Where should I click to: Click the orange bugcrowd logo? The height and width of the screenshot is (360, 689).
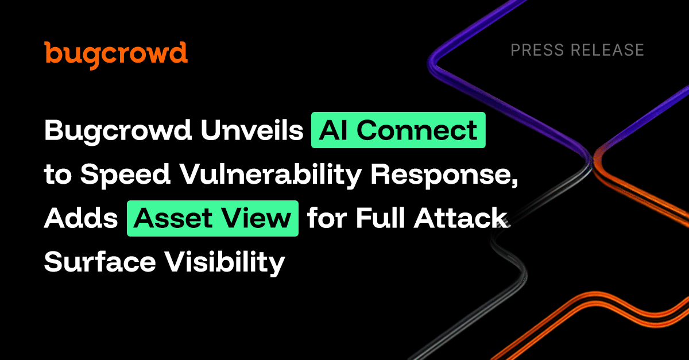116,55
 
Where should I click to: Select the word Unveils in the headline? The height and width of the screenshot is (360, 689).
252,130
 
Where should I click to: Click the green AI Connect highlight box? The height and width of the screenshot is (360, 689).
398,130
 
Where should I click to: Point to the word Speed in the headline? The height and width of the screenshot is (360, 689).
125,175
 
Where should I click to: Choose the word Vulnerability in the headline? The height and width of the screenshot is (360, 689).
270,175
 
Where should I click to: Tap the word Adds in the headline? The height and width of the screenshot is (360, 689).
81,218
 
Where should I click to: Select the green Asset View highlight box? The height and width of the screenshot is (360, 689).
212,218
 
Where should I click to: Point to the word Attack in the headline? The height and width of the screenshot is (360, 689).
460,218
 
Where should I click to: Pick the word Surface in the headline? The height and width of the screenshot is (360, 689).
100,262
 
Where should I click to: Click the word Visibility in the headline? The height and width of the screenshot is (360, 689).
225,264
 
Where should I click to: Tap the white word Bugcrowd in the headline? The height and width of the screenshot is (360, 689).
118,131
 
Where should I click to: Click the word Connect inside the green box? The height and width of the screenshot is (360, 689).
417,130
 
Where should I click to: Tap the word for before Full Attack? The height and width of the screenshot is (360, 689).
327,218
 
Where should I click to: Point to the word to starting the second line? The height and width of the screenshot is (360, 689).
58,174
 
